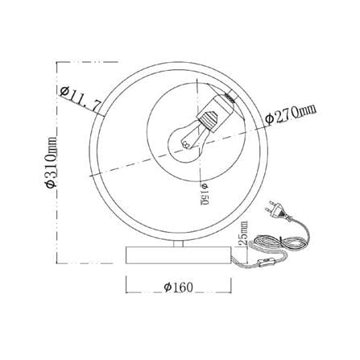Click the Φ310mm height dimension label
click(51, 162)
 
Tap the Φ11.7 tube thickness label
click(81, 98)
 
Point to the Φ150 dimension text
click(205, 194)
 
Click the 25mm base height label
click(243, 233)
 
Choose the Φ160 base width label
click(179, 288)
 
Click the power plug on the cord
click(276, 210)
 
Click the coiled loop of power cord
click(279, 243)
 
